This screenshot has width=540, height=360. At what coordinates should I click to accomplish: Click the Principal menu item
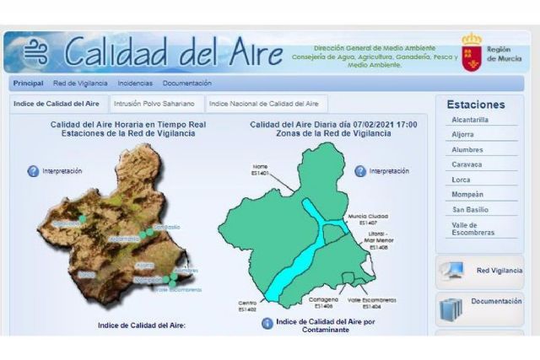point(29,83)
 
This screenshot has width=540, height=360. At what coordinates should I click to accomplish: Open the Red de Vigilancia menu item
point(80,83)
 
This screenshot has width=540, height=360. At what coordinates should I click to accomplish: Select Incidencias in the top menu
point(135,83)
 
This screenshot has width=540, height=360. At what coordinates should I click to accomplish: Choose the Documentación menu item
point(187,83)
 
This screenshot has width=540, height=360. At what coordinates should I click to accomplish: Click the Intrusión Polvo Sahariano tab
point(155,104)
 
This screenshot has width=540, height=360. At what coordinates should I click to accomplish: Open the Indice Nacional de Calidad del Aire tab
point(263,104)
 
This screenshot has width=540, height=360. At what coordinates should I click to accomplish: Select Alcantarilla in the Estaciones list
point(470,120)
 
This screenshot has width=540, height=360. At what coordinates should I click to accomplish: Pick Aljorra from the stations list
point(462,135)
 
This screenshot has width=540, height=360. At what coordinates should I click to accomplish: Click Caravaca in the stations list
point(466,164)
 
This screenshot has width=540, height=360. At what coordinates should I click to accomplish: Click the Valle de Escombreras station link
point(472,228)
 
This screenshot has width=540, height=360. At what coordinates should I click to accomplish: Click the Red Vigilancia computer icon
point(451,271)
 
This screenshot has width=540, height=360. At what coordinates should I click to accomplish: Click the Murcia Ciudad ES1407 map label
point(373,220)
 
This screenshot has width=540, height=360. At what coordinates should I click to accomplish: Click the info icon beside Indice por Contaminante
point(267,324)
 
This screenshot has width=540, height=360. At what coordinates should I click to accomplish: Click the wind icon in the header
point(35,53)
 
